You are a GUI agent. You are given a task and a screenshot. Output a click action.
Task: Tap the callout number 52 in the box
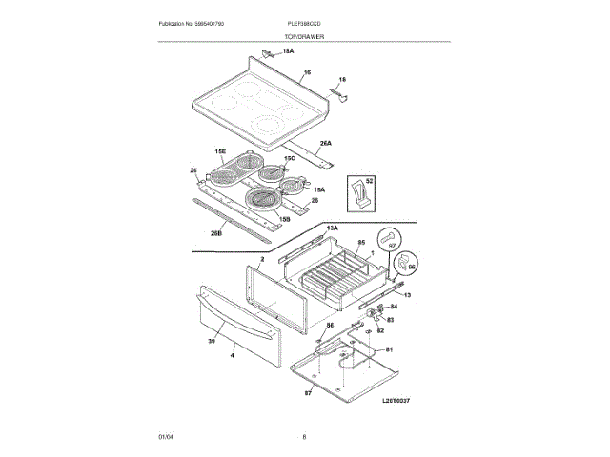click(370, 180)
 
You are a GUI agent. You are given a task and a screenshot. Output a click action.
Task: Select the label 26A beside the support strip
click(325, 143)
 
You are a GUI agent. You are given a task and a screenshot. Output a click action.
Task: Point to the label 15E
click(219, 151)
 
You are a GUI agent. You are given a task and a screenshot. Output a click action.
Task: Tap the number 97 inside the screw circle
click(390, 246)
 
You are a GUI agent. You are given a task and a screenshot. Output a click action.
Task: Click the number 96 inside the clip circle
click(412, 268)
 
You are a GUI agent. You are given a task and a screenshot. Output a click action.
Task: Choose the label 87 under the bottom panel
click(308, 392)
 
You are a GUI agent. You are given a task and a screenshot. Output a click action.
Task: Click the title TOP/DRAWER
click(304, 34)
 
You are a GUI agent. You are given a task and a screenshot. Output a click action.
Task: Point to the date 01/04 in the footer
click(164, 436)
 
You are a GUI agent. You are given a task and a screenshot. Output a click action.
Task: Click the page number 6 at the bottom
click(304, 436)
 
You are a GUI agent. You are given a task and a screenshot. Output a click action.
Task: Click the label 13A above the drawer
click(332, 229)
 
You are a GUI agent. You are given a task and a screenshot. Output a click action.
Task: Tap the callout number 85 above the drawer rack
click(361, 242)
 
